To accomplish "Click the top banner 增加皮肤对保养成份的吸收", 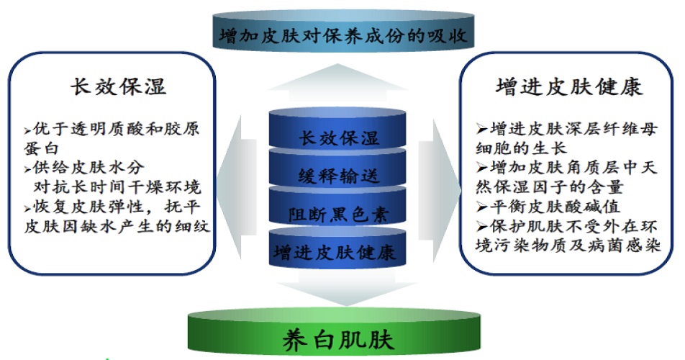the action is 343,32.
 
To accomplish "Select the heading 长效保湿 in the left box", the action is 119,86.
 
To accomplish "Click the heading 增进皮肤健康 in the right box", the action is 569,86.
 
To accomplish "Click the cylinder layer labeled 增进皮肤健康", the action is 337,247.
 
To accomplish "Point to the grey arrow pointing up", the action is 337,83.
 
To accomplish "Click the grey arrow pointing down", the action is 346,288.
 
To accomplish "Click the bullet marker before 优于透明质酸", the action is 28,130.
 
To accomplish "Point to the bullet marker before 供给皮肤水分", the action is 28,169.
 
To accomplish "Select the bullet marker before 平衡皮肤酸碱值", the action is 482,207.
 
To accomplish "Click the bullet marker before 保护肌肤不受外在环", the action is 482,226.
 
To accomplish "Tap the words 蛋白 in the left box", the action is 41,148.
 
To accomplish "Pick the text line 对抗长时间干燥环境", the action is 117,187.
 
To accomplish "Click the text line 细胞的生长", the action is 521,148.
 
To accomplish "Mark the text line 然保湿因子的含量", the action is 549,187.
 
